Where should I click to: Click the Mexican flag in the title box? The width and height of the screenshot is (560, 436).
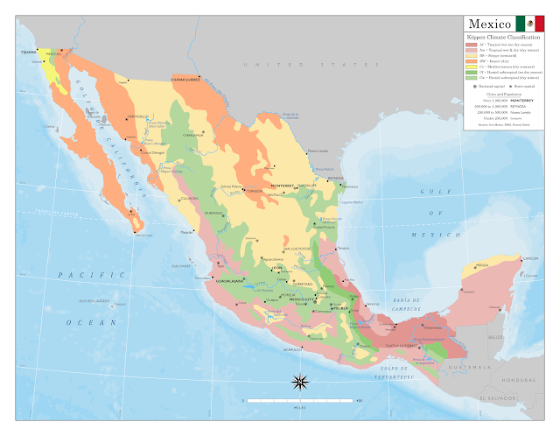[x=529, y=23]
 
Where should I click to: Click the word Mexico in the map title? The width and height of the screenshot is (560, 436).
[x=489, y=23]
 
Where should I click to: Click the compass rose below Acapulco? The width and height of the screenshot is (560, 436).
[x=300, y=382]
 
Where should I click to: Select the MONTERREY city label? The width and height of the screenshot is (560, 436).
[x=283, y=186]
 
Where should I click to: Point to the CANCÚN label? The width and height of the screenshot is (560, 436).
[x=531, y=259]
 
